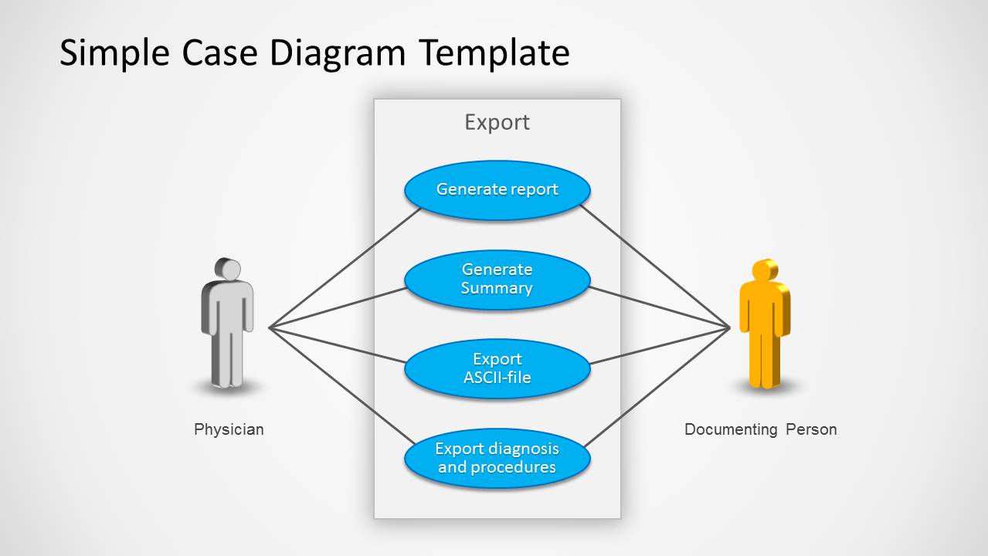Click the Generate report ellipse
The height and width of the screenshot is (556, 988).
coord(497,190)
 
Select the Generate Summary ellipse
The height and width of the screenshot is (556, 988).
coord(497,280)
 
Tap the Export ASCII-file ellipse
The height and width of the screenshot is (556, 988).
coord(497,369)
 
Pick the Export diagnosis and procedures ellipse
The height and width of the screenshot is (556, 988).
coord(497,459)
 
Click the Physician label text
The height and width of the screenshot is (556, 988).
coord(229,429)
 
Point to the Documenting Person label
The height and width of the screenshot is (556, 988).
coord(760,429)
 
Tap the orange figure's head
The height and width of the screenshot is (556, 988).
coord(765,270)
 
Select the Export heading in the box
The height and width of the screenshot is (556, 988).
coord(497,122)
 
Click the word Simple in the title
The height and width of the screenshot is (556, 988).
coord(115,54)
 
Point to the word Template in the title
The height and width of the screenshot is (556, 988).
coord(494,54)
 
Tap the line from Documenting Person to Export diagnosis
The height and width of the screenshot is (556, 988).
coord(657,387)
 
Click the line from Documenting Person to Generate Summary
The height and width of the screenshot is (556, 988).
coord(659,308)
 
